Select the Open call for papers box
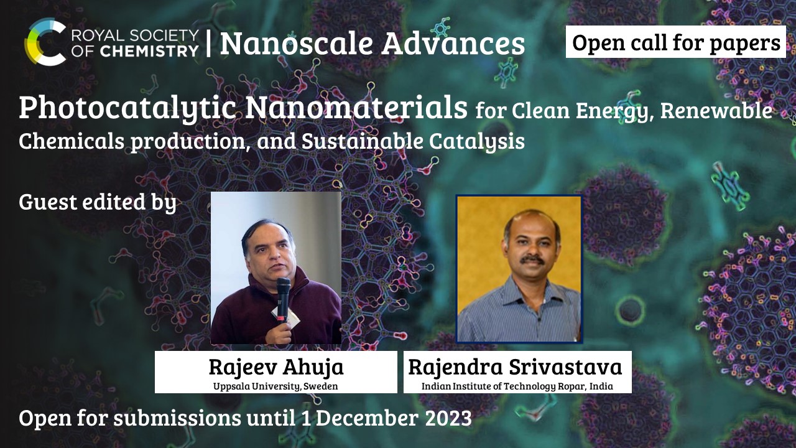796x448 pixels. tap(675, 42)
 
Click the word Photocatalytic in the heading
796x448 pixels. tap(127, 108)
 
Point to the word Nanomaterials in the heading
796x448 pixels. tap(356, 107)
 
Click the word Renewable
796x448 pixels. tap(716, 111)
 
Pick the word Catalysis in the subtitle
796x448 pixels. tap(476, 141)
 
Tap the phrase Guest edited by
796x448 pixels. tap(98, 202)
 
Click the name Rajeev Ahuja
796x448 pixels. tap(276, 367)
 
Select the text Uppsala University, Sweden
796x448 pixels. tap(275, 386)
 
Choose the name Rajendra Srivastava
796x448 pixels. tap(516, 367)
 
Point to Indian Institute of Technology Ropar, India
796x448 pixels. tap(517, 386)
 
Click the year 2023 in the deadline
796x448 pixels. tap(448, 418)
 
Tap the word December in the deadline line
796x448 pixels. tap(367, 418)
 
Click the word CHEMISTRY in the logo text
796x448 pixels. tap(149, 52)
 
